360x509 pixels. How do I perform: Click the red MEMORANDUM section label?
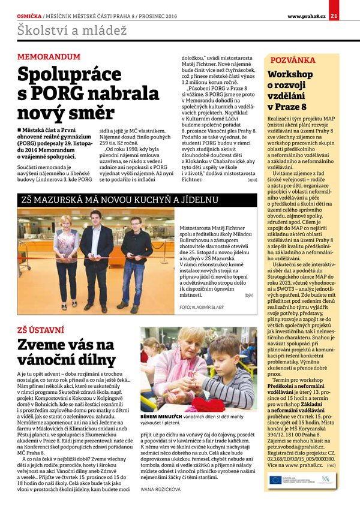[49, 57]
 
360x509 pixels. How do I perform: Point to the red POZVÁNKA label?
[293, 61]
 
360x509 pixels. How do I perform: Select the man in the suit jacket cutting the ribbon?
[96, 255]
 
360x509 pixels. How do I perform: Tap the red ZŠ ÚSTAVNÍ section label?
[40, 330]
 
